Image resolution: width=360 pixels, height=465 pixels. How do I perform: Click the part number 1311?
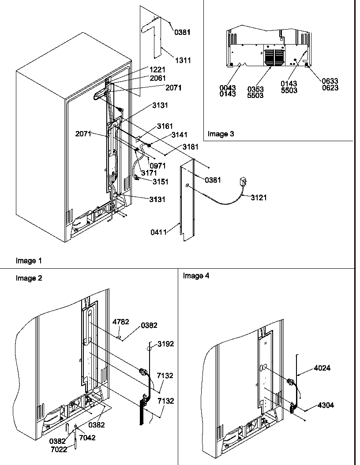(182, 60)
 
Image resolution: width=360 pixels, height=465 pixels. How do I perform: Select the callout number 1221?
(157, 70)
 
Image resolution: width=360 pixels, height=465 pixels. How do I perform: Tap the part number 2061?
(157, 78)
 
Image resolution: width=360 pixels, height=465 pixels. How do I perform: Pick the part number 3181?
(190, 147)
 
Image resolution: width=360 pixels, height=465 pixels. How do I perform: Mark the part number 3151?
(161, 181)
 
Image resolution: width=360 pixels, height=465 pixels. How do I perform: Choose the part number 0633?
(330, 81)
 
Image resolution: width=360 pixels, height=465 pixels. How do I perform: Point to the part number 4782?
(120, 322)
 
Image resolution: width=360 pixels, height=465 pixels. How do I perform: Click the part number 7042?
(87, 438)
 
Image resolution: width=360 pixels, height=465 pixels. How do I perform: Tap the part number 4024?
(322, 368)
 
